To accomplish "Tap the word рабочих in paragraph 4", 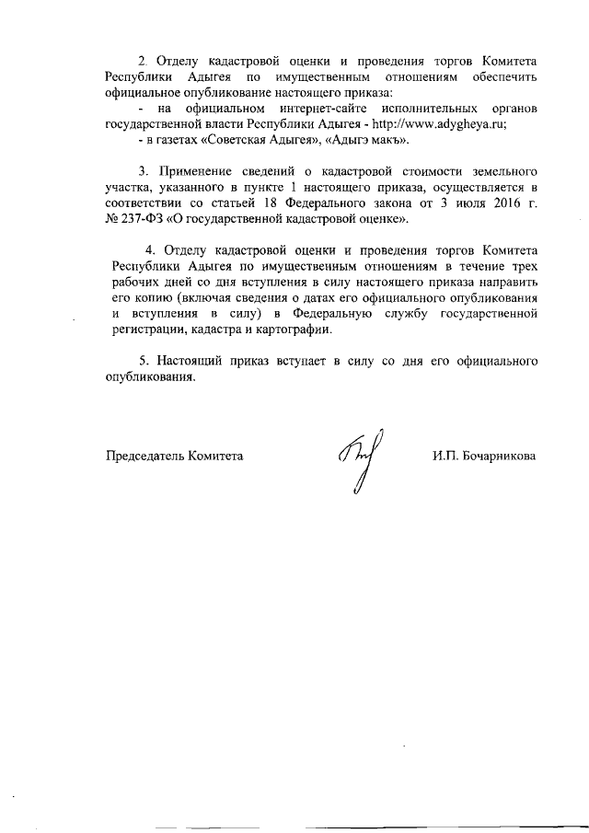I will coord(130,283).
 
